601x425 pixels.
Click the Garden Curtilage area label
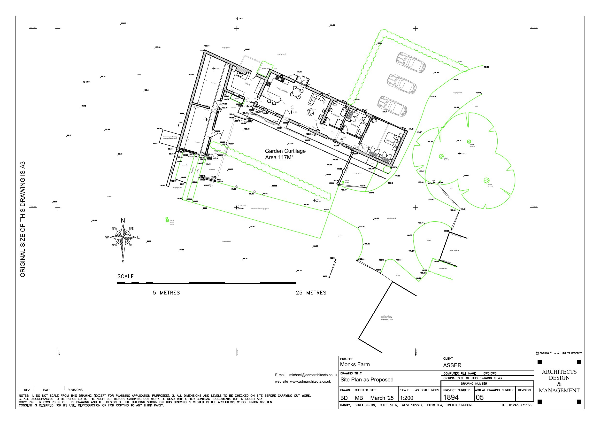[x=285, y=154]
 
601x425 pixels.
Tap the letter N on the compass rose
[x=123, y=220]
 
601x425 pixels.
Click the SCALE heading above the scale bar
[x=125, y=277]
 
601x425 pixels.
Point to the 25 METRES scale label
[x=311, y=293]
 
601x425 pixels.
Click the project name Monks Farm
[x=355, y=364]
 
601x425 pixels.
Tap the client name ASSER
[x=452, y=365]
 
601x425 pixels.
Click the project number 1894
[x=451, y=397]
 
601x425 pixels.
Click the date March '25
[x=382, y=398]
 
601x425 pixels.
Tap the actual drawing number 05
[x=479, y=397]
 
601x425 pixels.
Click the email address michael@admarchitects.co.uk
[x=313, y=375]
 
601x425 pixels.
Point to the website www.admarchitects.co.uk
[x=310, y=381]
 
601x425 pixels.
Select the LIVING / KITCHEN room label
[x=282, y=90]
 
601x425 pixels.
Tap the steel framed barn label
[x=386, y=318]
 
